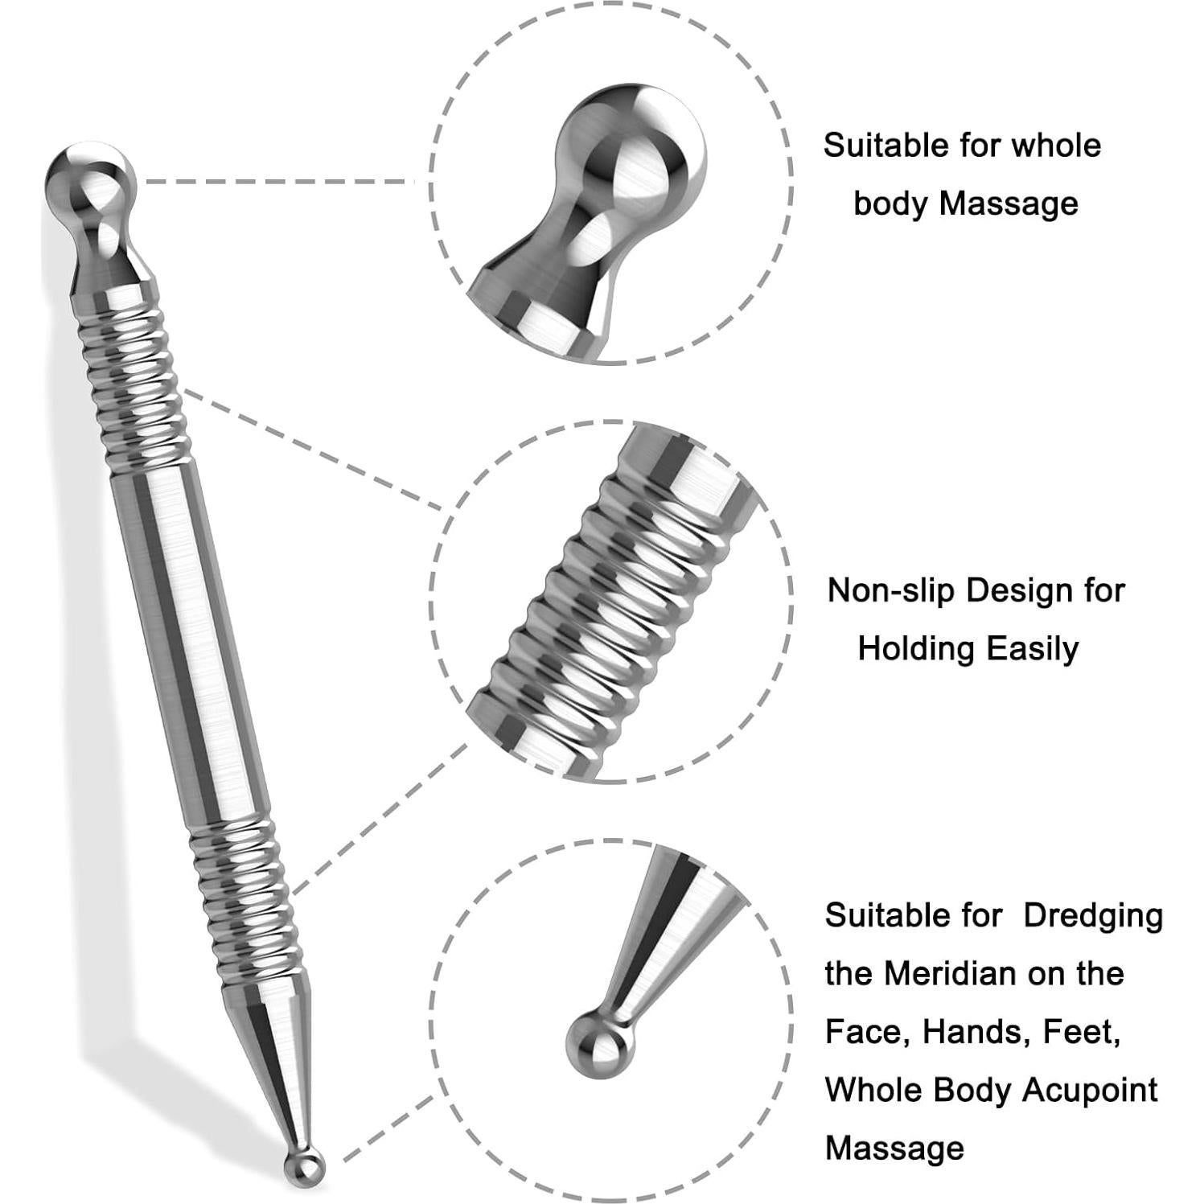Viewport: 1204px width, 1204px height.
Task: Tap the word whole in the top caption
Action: pyautogui.click(x=1056, y=146)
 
